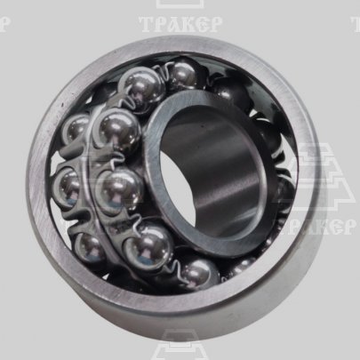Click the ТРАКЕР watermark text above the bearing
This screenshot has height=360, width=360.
point(180,24)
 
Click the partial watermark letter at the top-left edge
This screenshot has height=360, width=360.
point(4,24)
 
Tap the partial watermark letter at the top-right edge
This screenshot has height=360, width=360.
point(356,24)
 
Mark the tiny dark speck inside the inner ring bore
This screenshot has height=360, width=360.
point(204,126)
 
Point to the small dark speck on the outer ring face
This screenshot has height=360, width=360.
point(62,105)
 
